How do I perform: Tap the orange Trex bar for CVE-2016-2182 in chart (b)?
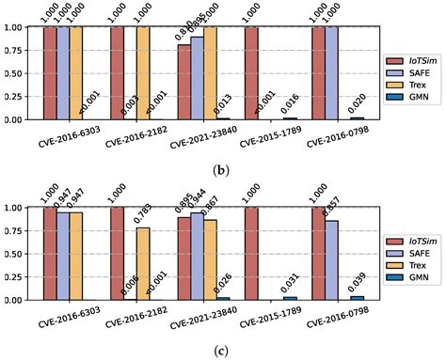[x=143, y=73]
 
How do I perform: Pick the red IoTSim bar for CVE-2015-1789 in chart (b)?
[x=251, y=73]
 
